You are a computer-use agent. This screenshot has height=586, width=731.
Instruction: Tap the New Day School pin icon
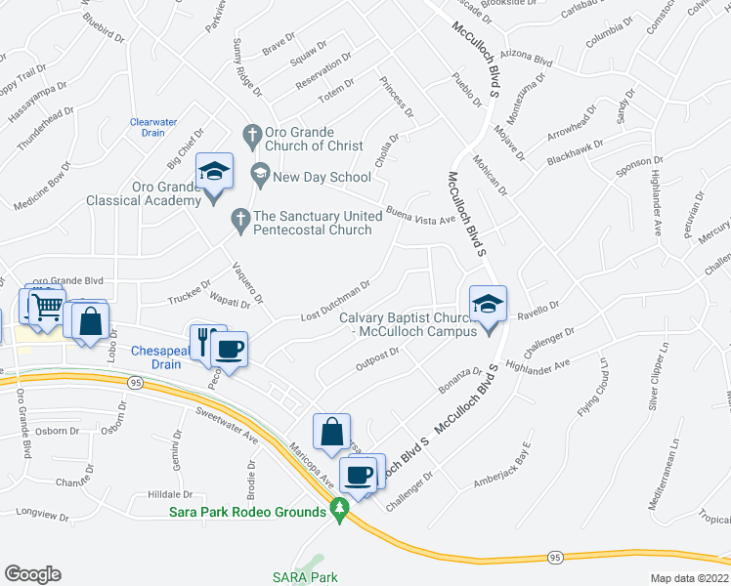point(260,177)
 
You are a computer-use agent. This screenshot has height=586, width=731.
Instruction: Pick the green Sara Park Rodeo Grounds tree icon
point(339,509)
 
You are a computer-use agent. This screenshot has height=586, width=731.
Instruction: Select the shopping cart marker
point(44,309)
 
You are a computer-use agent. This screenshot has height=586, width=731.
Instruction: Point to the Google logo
point(32,574)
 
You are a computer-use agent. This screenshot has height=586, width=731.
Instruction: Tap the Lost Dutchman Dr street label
point(335,301)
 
